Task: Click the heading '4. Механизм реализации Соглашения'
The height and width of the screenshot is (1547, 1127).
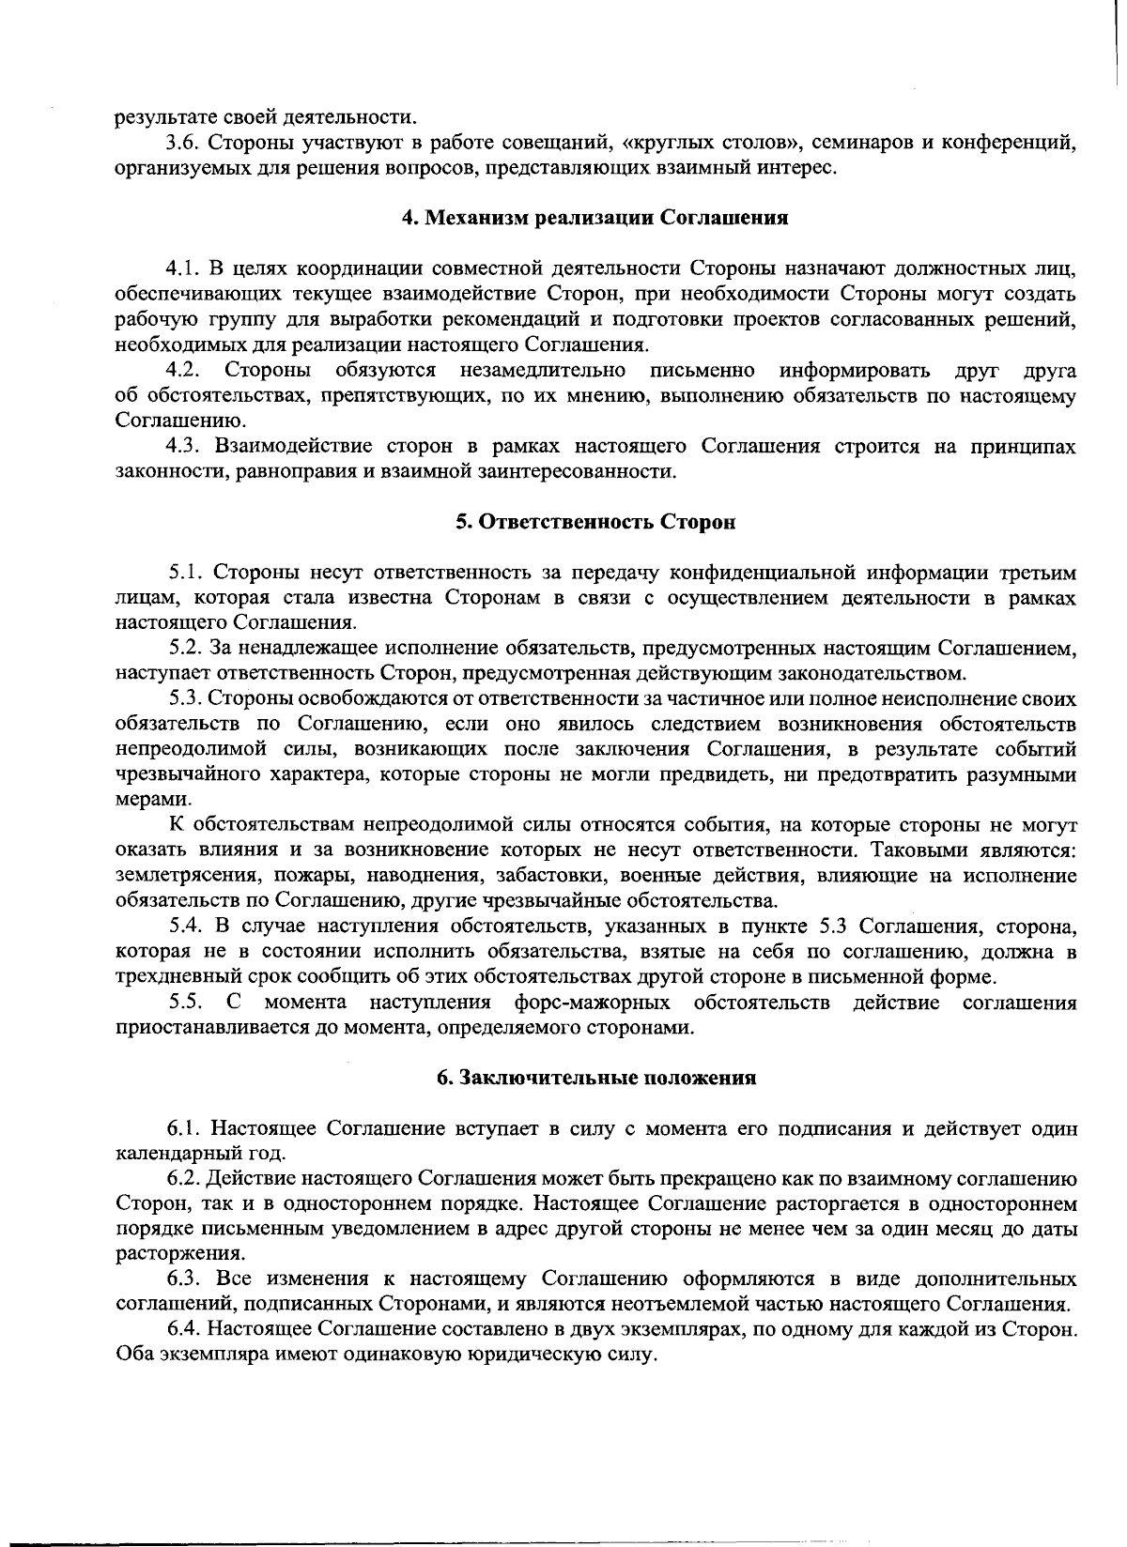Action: tap(594, 219)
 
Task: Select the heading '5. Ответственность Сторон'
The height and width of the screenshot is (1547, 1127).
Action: tap(595, 523)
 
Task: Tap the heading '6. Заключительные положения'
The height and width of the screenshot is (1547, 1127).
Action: tap(597, 1078)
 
